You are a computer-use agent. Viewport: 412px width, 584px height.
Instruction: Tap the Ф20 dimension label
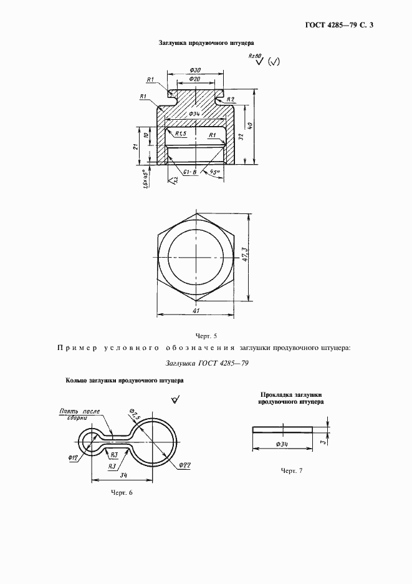coord(194,79)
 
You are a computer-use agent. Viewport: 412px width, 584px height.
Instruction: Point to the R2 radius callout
coord(230,99)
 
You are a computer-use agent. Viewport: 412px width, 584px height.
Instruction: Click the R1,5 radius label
coord(181,134)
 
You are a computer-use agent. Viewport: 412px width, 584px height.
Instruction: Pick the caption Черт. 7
coord(291,470)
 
